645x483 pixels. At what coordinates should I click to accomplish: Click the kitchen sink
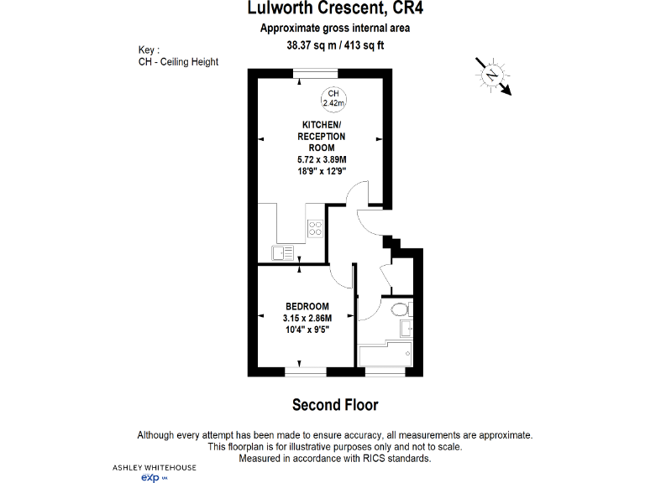pyautogui.click(x=282, y=250)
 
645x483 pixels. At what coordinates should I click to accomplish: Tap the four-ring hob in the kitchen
pyautogui.click(x=315, y=228)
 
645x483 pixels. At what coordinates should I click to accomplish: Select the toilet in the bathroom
pyautogui.click(x=400, y=308)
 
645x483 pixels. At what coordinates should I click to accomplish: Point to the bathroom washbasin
pyautogui.click(x=408, y=326)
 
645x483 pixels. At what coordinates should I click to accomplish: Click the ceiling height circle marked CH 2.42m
pyautogui.click(x=333, y=98)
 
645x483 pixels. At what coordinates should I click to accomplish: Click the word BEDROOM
pyautogui.click(x=307, y=306)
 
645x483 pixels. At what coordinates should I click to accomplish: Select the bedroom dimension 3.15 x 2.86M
pyautogui.click(x=307, y=318)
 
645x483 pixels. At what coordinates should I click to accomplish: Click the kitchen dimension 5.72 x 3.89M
pyautogui.click(x=322, y=159)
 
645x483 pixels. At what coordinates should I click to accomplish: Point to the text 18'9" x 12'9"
pyautogui.click(x=322, y=170)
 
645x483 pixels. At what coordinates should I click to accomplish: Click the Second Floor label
pyautogui.click(x=335, y=405)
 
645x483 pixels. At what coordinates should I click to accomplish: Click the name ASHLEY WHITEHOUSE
pyautogui.click(x=154, y=466)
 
